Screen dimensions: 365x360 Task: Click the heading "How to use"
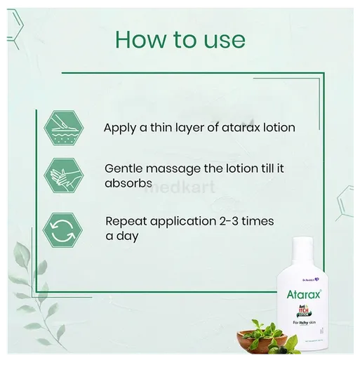(x=180, y=39)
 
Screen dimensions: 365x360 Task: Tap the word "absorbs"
(x=127, y=184)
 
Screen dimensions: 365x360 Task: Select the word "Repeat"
(x=126, y=222)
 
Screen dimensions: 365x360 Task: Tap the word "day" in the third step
(x=126, y=237)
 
